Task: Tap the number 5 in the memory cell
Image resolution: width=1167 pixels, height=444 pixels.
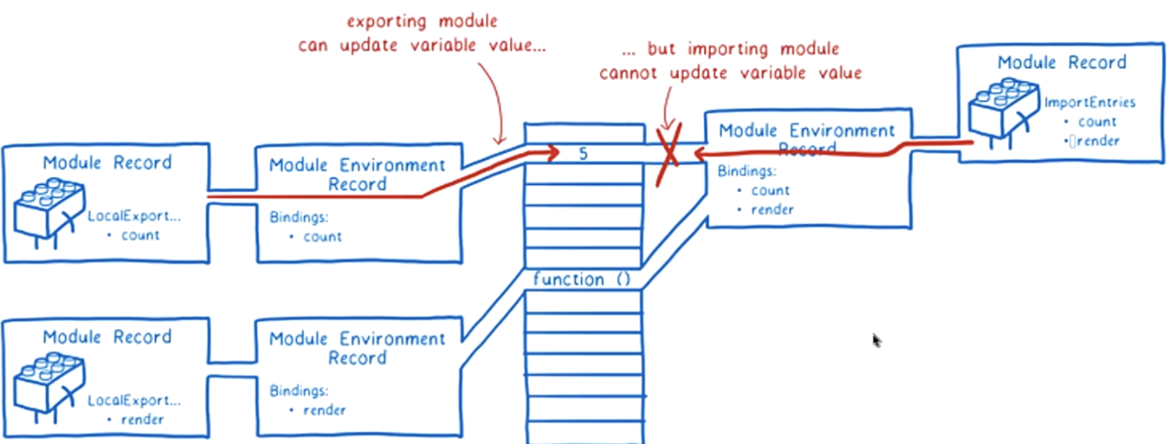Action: [x=583, y=153]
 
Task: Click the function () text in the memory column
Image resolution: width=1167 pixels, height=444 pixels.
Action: [x=579, y=279]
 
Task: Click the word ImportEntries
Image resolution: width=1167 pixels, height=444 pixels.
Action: [x=1090, y=102]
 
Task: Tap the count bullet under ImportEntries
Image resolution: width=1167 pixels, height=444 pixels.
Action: [x=1095, y=121]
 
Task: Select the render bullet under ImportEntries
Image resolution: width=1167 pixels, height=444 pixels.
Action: [x=1095, y=139]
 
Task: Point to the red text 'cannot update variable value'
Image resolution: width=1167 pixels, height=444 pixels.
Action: [x=730, y=73]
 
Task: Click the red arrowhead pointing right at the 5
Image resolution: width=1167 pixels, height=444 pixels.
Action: [x=550, y=154]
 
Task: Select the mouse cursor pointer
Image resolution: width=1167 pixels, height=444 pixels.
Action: [x=876, y=340]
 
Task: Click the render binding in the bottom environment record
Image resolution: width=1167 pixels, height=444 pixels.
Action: [x=324, y=410]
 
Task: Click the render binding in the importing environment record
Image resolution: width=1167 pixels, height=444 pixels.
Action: [x=771, y=209]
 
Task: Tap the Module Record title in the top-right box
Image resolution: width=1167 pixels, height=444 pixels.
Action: [x=1061, y=63]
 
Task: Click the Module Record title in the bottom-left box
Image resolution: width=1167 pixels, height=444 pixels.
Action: [x=106, y=337]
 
